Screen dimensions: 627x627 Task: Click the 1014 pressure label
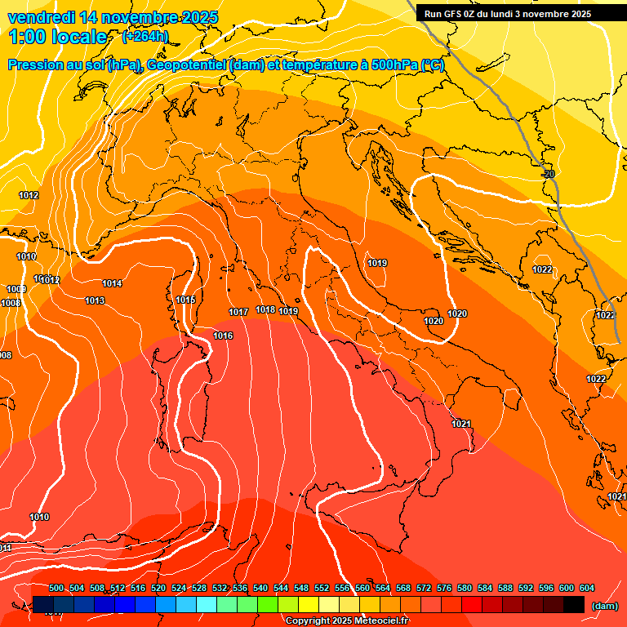(x=112, y=284)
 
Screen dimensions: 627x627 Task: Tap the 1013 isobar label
(x=95, y=301)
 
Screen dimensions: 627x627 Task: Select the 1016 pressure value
(x=223, y=336)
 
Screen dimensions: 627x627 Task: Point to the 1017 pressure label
(x=238, y=313)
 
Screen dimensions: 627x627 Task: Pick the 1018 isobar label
(x=265, y=310)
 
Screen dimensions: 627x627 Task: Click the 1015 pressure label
(x=185, y=300)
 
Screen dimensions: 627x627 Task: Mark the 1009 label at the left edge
(x=16, y=290)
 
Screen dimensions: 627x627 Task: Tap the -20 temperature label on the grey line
(x=548, y=174)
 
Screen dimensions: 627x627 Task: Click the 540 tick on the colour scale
(x=260, y=589)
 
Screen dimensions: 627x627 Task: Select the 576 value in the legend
(x=444, y=589)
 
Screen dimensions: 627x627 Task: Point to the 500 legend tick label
(x=56, y=589)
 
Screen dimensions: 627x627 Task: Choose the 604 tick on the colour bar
(x=587, y=589)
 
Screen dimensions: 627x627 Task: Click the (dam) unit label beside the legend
(x=604, y=606)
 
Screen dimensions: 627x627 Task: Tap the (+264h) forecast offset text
(x=145, y=36)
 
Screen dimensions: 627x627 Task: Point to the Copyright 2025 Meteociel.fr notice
(x=347, y=621)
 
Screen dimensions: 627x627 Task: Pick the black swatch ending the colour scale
(x=573, y=605)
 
